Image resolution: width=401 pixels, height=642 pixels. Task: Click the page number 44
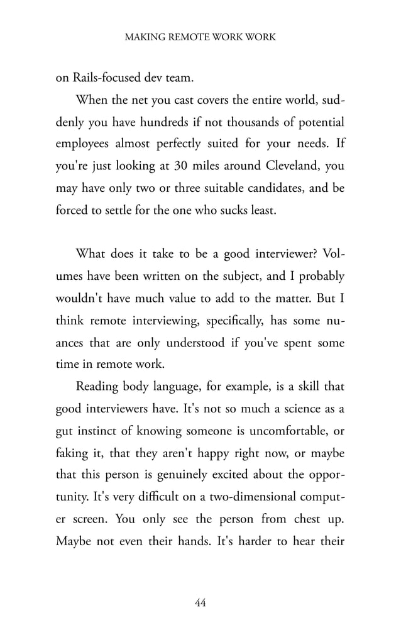click(200, 603)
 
